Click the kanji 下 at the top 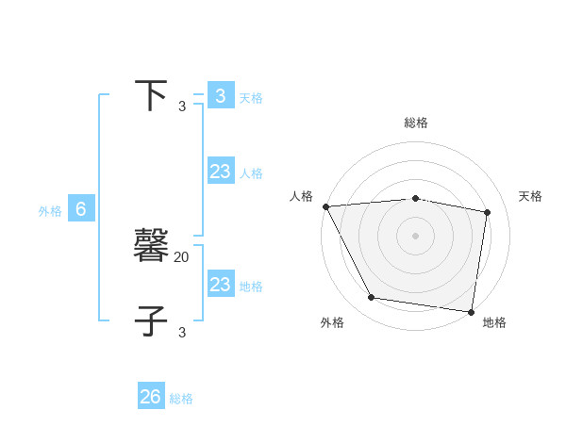(x=151, y=95)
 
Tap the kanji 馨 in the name (x=151, y=247)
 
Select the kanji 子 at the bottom (x=151, y=320)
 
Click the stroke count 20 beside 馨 (x=182, y=256)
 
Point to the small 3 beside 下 (x=182, y=107)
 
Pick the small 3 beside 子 (x=182, y=332)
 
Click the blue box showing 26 (x=150, y=397)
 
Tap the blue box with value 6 (x=81, y=209)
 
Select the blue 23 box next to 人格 (x=220, y=172)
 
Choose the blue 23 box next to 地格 (x=220, y=285)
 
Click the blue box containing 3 (x=220, y=96)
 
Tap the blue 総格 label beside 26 (x=181, y=399)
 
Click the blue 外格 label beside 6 (x=50, y=211)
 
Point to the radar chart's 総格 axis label (x=416, y=123)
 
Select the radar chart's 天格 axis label (x=530, y=196)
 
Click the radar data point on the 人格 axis (x=325, y=206)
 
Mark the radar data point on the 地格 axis (x=471, y=311)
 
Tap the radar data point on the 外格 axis (x=372, y=298)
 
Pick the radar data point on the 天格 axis (x=488, y=212)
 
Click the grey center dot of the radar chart (x=416, y=236)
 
